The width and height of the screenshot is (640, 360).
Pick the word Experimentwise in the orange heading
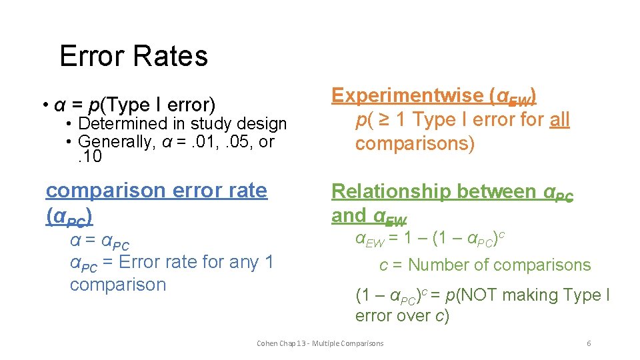407,96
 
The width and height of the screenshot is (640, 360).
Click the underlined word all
559,120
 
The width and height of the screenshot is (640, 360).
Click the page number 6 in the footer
589,343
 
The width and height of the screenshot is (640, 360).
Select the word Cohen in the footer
267,343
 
